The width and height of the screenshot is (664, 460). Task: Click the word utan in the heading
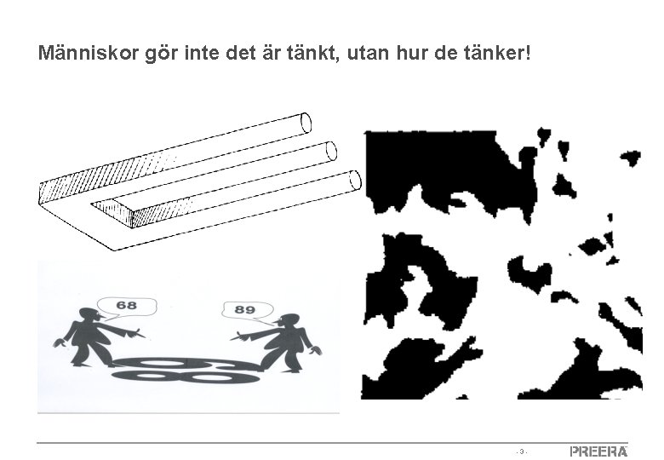coord(368,54)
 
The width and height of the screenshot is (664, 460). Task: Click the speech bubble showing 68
coord(126,308)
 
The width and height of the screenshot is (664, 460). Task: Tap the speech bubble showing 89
coord(248,311)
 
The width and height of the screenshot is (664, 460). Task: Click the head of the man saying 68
coord(89,315)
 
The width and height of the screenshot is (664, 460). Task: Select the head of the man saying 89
coord(289,321)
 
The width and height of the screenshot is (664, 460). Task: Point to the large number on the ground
coord(186,371)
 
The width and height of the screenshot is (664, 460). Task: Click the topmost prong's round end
coord(306,123)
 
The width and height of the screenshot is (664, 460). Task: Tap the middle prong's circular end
coord(331,151)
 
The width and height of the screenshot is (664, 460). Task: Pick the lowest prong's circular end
coord(355,180)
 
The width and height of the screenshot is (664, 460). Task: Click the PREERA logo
coord(598,451)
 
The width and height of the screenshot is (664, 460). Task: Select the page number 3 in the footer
coord(522,451)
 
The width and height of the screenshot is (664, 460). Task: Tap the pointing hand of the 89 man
coord(239,336)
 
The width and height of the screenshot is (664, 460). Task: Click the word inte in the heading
coord(202,53)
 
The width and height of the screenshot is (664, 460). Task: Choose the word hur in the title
coord(411,53)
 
